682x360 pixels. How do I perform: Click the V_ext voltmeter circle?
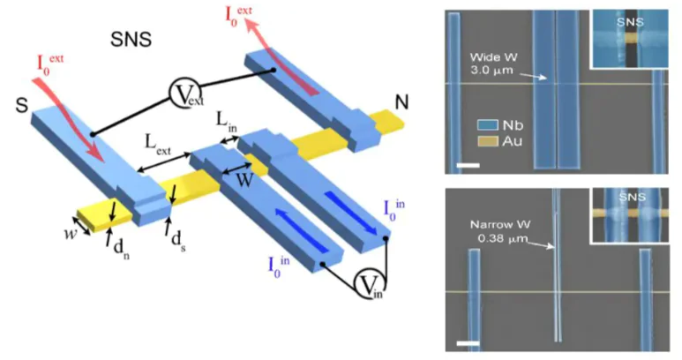[x=185, y=95]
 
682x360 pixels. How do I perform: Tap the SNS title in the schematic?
[x=131, y=40]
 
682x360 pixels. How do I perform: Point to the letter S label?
[x=22, y=106]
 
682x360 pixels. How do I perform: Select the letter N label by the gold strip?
[x=401, y=102]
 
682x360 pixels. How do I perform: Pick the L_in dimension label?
[x=227, y=124]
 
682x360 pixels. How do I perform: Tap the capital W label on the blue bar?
[x=244, y=180]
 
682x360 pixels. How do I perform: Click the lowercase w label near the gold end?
[x=71, y=234]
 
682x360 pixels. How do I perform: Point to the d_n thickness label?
[x=122, y=249]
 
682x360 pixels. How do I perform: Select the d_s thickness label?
[x=178, y=240]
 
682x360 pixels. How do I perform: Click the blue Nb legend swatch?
[x=487, y=125]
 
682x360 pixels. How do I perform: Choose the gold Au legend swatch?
[x=487, y=141]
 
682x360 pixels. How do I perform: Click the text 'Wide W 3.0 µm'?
[x=494, y=64]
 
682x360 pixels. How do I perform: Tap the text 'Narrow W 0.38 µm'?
[x=499, y=231]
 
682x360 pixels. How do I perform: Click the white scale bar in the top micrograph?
[x=468, y=165]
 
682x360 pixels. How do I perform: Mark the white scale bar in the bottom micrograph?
[x=468, y=343]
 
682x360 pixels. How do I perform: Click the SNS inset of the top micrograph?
[x=629, y=39]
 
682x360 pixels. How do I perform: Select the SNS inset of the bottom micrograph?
[x=630, y=215]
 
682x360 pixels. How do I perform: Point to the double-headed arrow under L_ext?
[x=164, y=162]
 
